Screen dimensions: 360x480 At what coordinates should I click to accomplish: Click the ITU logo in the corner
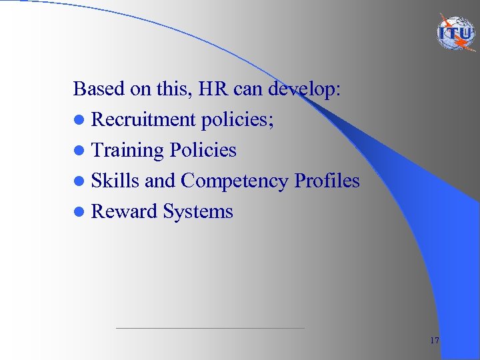point(457,34)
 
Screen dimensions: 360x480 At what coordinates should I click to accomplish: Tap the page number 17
point(435,341)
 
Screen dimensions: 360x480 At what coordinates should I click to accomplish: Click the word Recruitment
point(143,119)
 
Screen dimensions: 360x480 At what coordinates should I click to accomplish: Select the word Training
point(127,151)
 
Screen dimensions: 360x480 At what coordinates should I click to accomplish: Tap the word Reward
point(124,211)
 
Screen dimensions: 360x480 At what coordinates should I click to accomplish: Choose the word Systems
point(198,212)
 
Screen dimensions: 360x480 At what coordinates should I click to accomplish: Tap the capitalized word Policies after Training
point(203,150)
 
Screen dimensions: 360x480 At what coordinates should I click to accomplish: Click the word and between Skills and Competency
point(160,181)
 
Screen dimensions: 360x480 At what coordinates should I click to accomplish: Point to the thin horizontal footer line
point(210,328)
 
